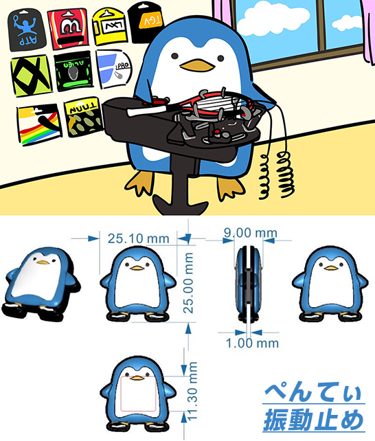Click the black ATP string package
(25, 31)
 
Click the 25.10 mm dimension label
(138, 238)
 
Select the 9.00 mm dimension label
(251, 234)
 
